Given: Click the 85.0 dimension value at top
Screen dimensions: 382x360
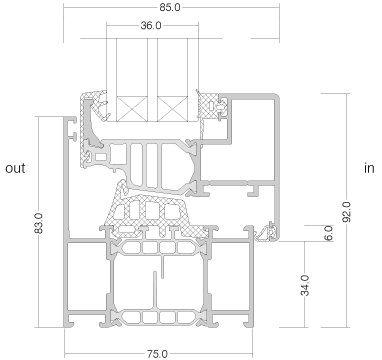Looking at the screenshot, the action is pos(170,7).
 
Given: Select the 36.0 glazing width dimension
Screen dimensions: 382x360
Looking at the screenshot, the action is pos(151,25).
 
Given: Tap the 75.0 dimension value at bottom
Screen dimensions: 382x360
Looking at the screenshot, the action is pos(157,354).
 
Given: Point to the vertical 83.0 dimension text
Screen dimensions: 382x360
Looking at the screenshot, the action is pos(39,223).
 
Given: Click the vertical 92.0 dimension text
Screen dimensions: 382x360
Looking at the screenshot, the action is pos(347,212).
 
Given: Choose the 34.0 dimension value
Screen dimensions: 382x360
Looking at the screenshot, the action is pos(305,285).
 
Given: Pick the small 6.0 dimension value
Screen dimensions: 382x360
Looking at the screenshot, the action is pos(328,233).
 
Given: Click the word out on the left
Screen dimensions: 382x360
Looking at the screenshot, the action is pos(15,168).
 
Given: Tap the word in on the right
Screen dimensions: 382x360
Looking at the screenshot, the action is pos(369,168).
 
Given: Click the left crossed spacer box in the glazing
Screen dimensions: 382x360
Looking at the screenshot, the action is pos(132,109).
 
